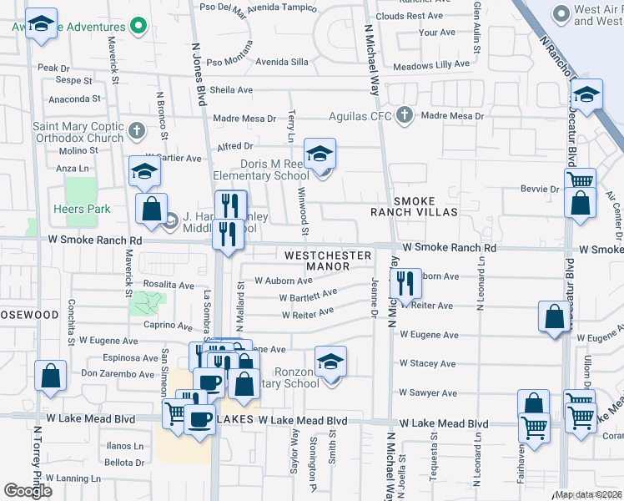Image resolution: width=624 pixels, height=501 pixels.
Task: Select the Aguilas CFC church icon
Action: tap(405, 114)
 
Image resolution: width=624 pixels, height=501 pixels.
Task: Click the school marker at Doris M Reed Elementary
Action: tap(320, 155)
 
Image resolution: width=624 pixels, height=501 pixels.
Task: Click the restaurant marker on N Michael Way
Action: tap(405, 285)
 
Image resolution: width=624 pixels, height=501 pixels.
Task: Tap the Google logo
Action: tap(28, 491)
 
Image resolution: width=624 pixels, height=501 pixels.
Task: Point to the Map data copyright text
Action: tap(588, 494)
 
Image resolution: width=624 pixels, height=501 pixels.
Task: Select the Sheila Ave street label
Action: tap(231, 90)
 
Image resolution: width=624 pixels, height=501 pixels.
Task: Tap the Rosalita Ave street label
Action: tap(169, 285)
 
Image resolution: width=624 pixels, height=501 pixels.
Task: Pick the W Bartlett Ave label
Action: tap(308, 296)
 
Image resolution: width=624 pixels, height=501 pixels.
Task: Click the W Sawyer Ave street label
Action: tap(427, 392)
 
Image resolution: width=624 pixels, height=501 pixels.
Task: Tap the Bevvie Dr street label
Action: tap(542, 190)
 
